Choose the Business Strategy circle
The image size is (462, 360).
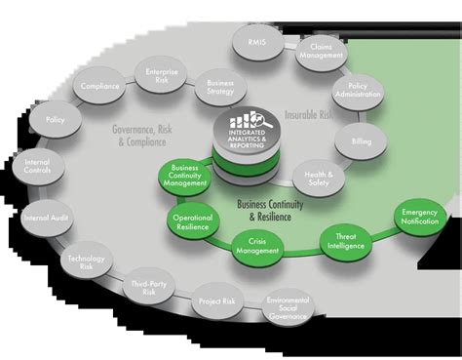tap(219, 87)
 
